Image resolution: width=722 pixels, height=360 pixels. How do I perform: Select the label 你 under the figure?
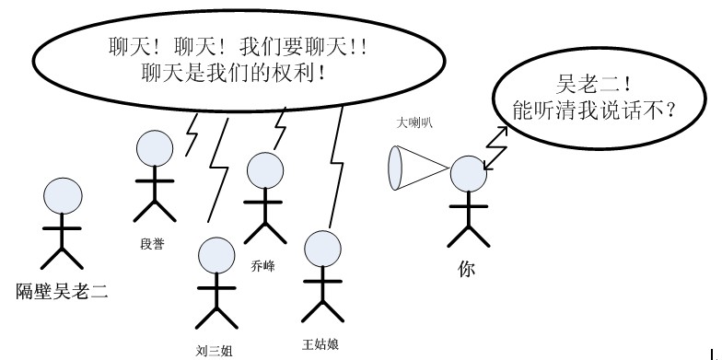468,269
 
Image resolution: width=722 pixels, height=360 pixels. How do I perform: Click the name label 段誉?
153,245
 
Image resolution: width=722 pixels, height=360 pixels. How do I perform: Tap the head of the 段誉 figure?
154,148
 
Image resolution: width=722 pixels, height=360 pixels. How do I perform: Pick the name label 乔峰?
263,265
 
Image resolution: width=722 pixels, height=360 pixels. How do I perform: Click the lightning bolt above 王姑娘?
334,166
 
